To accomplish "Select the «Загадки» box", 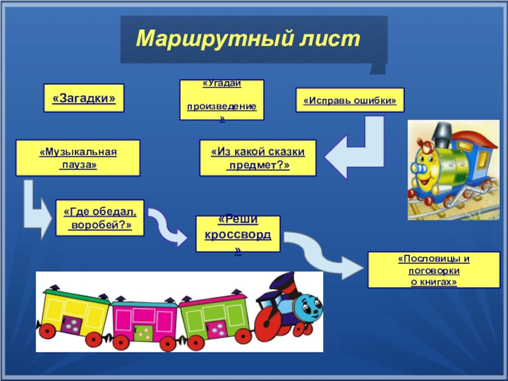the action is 83,98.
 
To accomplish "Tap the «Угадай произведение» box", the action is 222,100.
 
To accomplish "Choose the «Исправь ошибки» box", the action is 350,100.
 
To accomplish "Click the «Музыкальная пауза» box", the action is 77,158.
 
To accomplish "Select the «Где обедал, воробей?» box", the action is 100,218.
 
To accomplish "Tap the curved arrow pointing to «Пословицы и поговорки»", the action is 321,253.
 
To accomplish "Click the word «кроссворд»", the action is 237,236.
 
